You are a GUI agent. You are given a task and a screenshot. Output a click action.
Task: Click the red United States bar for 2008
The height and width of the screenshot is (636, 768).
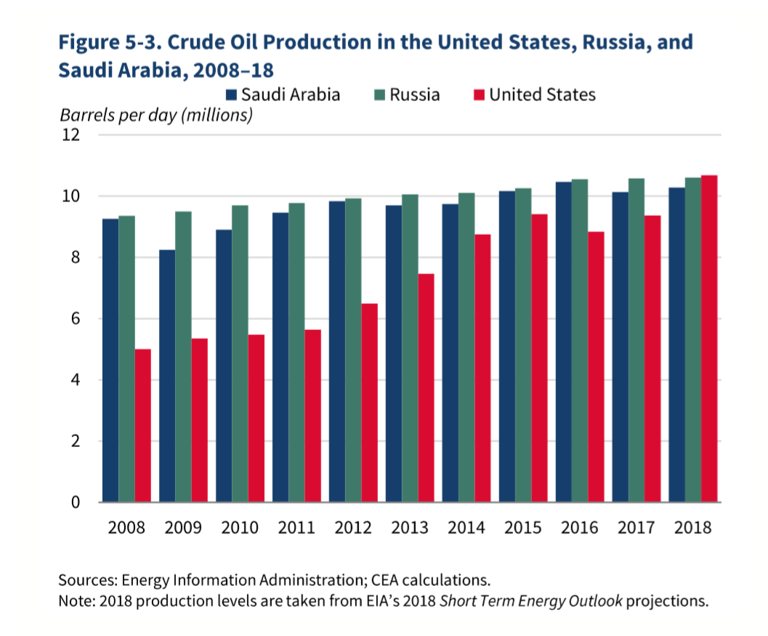coord(142,425)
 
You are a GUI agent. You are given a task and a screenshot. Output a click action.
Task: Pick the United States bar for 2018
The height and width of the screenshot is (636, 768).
coord(709,338)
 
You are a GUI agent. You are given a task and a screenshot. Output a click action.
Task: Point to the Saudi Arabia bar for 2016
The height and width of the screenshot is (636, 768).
coord(564,342)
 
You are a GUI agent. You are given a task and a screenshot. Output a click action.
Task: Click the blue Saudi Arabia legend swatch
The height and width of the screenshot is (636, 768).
coord(232,94)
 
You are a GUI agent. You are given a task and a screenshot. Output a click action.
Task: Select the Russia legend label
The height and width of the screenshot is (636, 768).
coord(415,94)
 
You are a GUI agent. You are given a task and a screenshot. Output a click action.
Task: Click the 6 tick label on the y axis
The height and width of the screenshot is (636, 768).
coord(75,319)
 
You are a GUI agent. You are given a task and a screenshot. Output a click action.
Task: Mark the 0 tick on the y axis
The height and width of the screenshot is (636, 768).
coord(75,502)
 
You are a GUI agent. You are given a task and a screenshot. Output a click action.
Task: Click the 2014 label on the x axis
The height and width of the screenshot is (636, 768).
coord(466,527)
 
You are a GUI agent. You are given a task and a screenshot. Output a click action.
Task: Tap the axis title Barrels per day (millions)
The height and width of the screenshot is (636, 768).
coord(155,115)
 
